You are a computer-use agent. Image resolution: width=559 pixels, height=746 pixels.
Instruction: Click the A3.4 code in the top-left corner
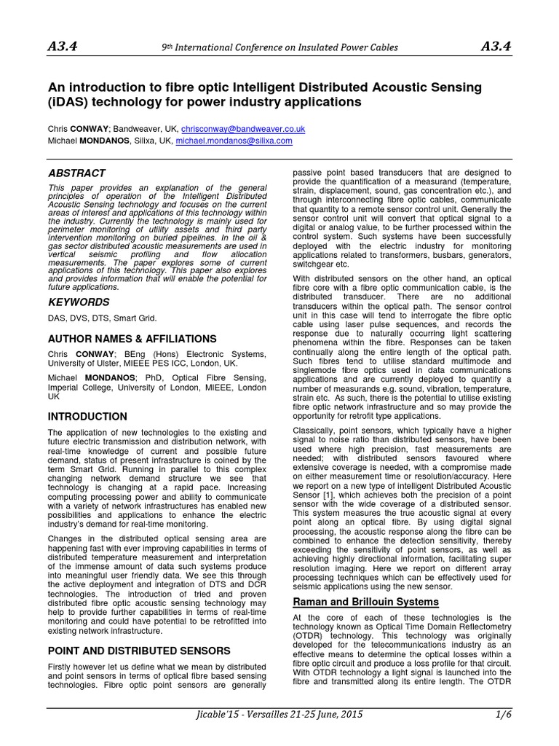(63, 47)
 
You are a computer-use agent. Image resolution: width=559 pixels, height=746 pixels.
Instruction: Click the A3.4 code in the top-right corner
(496, 47)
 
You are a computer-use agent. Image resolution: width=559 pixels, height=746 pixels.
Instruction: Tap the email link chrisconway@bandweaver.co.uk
(243, 128)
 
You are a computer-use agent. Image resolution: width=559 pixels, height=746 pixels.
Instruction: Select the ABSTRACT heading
(76, 173)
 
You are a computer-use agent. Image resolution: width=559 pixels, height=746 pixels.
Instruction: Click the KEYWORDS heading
(79, 302)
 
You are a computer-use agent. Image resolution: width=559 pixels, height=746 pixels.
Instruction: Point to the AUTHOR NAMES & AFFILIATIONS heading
(132, 339)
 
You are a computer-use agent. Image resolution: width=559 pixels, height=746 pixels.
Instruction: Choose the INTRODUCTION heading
(87, 417)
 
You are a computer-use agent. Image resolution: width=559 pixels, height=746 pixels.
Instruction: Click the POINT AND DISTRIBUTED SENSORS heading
(139, 650)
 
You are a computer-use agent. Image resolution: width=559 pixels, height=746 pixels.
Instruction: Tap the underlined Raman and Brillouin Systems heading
(365, 602)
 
